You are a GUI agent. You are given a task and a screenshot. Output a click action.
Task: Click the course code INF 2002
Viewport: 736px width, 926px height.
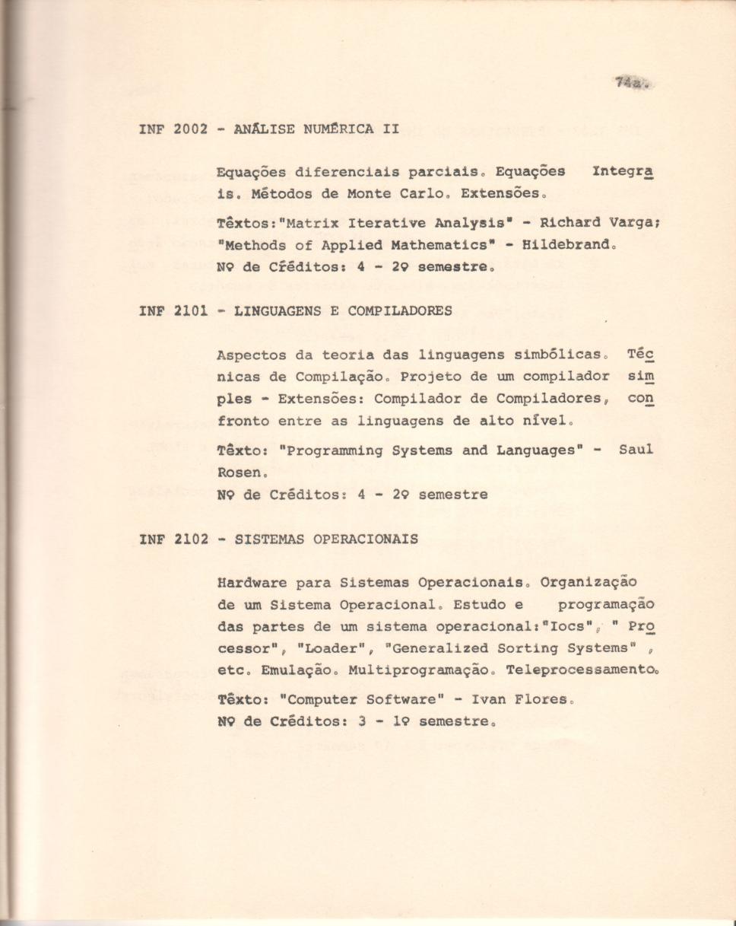(173, 129)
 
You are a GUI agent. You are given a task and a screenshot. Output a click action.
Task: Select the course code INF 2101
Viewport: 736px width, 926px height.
(173, 310)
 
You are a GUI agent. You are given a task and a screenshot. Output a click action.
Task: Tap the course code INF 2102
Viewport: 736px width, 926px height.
(173, 539)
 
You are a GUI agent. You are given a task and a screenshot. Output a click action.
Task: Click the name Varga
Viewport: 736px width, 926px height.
(628, 224)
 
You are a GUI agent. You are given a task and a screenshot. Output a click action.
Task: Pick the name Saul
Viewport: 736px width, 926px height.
(636, 450)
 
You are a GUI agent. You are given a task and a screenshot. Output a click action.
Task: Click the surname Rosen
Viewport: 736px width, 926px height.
(238, 473)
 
